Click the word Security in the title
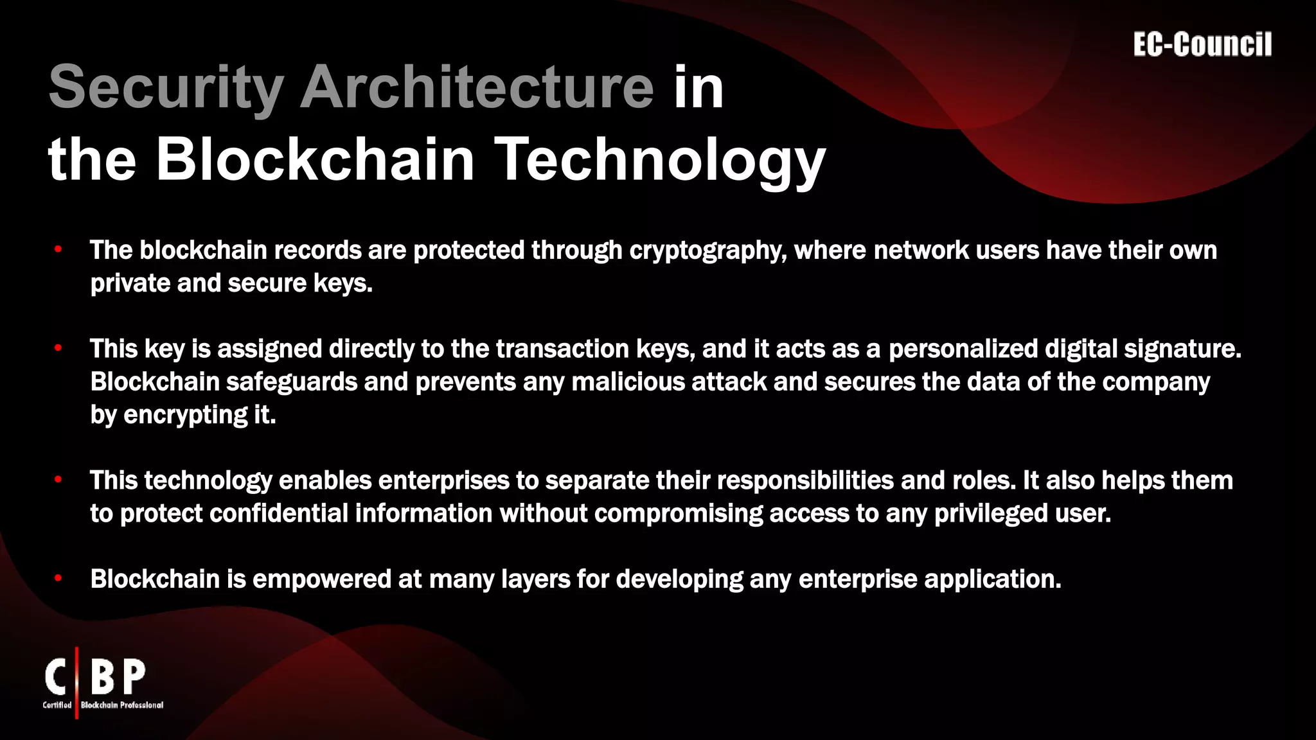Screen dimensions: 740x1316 pyautogui.click(x=166, y=88)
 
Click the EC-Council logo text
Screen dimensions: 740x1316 pyautogui.click(x=1202, y=45)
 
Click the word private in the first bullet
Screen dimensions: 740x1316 pyautogui.click(x=130, y=283)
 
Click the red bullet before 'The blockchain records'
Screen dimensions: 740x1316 pyautogui.click(x=58, y=250)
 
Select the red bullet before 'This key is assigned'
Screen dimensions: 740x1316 pyautogui.click(x=58, y=349)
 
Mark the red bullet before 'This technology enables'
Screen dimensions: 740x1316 pyautogui.click(x=58, y=480)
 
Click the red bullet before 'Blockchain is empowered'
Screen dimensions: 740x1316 pyautogui.click(x=58, y=579)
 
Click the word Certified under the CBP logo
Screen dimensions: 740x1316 pyautogui.click(x=57, y=705)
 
